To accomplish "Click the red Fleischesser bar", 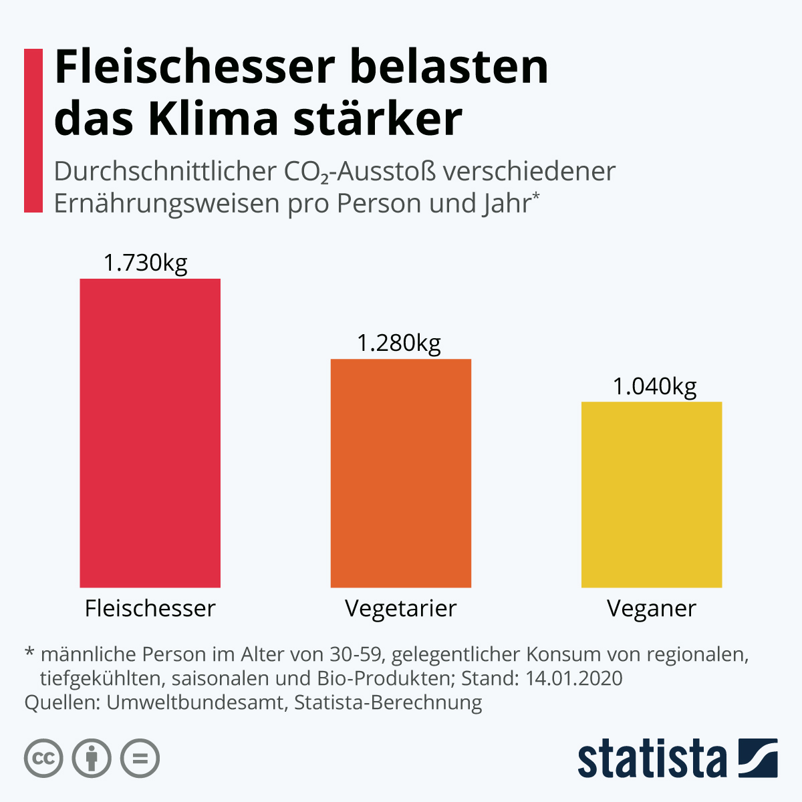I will [x=150, y=433].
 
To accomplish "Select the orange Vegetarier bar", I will [x=401, y=473].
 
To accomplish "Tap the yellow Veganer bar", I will [x=652, y=495].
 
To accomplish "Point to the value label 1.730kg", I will [x=145, y=263].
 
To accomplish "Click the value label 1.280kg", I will [x=399, y=343].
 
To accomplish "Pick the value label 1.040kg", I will [x=655, y=386].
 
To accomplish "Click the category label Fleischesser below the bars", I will [x=150, y=608].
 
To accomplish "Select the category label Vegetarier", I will [x=401, y=608].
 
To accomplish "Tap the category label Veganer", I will [x=652, y=608].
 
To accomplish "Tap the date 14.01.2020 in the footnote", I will [x=574, y=678].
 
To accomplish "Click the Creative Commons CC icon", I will [x=43, y=759].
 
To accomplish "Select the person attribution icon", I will [x=92, y=759].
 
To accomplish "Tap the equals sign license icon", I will [x=140, y=759].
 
